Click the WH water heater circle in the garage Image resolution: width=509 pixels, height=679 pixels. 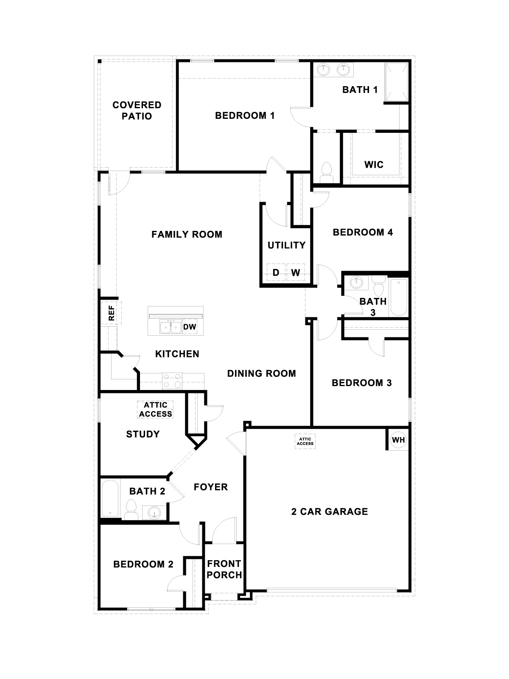click(398, 440)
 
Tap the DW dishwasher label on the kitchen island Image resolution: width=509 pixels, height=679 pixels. click(190, 327)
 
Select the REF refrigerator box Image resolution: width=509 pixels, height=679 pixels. click(112, 313)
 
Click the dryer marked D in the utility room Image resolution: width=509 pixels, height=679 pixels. click(276, 272)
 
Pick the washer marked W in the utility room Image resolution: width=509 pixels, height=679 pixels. click(296, 272)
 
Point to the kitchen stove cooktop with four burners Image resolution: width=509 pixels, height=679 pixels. click(172, 380)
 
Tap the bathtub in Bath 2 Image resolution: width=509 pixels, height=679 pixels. click(110, 498)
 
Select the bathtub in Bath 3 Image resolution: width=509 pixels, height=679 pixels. click(398, 297)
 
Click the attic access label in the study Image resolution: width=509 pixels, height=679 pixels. click(156, 410)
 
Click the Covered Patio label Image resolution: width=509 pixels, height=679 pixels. click(137, 110)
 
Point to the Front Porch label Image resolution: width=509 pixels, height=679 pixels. click(224, 569)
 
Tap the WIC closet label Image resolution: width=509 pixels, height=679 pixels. click(374, 164)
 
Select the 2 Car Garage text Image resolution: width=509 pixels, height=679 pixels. click(330, 511)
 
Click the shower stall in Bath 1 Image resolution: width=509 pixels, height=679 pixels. click(397, 82)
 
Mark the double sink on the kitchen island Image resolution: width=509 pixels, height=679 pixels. click(171, 327)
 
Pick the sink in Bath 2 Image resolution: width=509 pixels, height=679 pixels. click(154, 513)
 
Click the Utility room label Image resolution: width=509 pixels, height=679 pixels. click(286, 245)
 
